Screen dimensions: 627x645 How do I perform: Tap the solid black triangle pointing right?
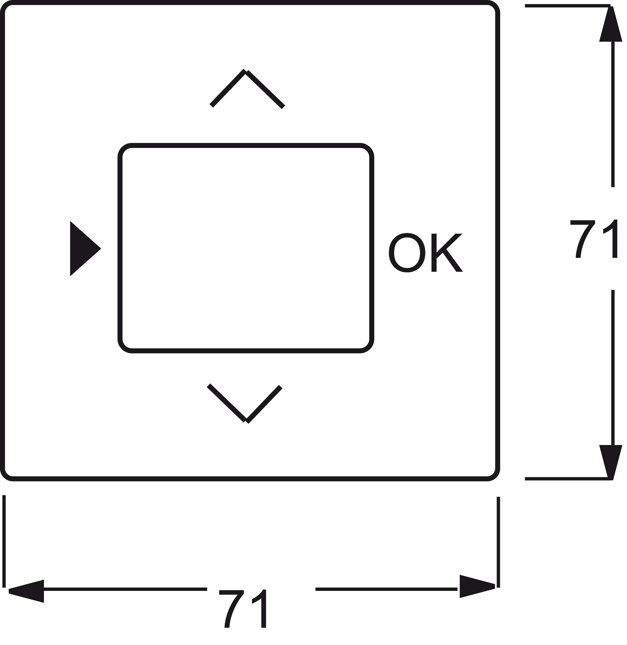click(x=85, y=249)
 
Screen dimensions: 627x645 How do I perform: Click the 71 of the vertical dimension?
click(x=594, y=239)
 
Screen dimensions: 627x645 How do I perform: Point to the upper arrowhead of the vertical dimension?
click(x=611, y=25)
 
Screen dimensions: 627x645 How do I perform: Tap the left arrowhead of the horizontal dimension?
click(x=26, y=596)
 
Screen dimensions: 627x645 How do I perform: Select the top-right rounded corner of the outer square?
click(x=496, y=6)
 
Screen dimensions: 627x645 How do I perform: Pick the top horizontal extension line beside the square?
click(x=568, y=6)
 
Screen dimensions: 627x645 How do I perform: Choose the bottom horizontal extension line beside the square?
click(x=568, y=479)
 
